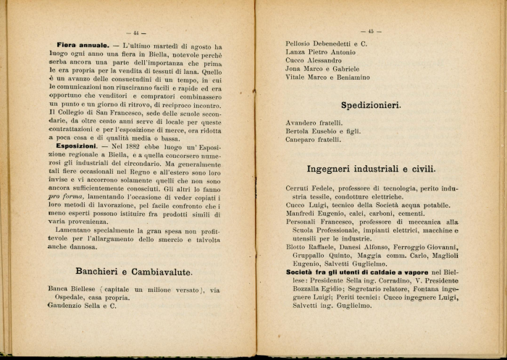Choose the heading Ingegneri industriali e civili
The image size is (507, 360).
tap(371, 169)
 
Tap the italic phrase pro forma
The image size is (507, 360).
tap(65, 196)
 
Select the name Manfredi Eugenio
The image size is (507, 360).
tap(314, 214)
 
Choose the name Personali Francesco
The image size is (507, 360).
tap(317, 222)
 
